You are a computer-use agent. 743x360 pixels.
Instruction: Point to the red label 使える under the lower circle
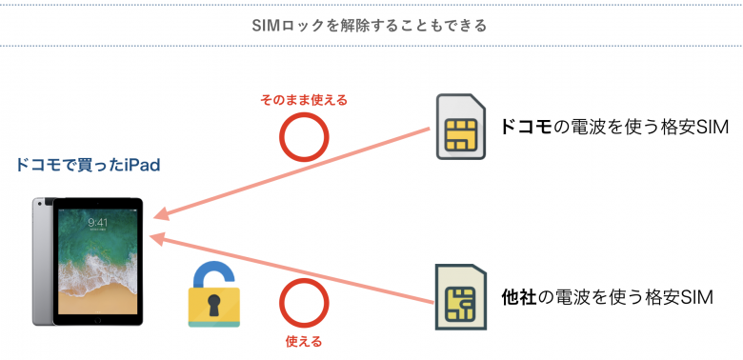(304, 341)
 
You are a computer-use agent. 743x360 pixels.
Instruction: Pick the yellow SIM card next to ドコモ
(460, 127)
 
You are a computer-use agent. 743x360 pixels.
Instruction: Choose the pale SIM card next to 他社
(461, 296)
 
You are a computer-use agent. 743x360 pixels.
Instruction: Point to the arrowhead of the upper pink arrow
(161, 215)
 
